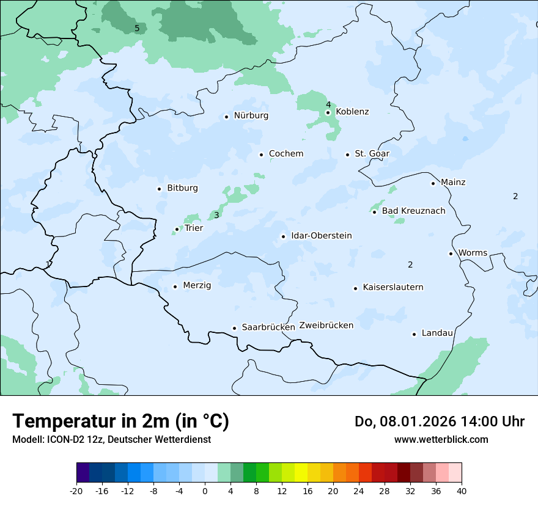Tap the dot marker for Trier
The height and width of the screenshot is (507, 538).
click(177, 230)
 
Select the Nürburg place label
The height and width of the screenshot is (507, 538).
click(251, 115)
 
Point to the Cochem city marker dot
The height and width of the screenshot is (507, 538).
click(261, 155)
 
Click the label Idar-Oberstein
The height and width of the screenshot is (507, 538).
click(321, 236)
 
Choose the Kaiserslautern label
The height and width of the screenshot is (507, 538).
click(392, 287)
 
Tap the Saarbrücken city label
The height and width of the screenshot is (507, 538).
click(268, 327)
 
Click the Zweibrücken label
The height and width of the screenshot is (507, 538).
click(326, 326)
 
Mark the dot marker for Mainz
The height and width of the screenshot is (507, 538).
click(433, 183)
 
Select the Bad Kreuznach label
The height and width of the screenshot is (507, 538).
click(413, 211)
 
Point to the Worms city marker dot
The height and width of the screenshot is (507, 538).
click(451, 253)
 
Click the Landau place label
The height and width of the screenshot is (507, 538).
click(437, 333)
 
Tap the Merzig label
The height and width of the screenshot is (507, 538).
click(197, 285)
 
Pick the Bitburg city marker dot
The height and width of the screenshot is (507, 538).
click(160, 189)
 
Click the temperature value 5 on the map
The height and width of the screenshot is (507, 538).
click(137, 28)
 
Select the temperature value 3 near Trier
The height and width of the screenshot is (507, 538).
click(216, 215)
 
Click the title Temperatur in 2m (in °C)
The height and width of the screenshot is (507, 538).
click(120, 421)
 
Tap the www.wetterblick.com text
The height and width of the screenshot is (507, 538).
click(441, 439)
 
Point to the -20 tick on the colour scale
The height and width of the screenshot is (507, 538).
click(76, 491)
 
